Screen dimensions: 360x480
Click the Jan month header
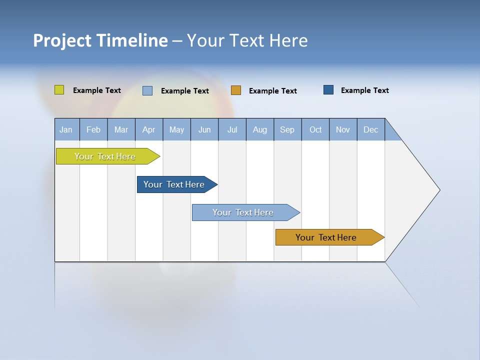(66, 129)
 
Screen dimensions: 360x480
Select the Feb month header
(93, 129)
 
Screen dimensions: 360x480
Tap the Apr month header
(148, 129)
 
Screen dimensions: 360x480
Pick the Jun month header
(204, 129)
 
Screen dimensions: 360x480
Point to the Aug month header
(259, 129)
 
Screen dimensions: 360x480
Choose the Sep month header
(287, 129)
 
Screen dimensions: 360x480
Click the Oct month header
(315, 129)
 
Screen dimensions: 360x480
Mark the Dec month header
(370, 129)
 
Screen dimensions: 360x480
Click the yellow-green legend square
(59, 90)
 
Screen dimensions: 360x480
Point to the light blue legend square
(147, 90)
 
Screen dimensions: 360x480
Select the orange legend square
(236, 90)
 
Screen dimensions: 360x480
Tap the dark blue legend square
(328, 90)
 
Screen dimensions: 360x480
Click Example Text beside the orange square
(272, 90)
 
